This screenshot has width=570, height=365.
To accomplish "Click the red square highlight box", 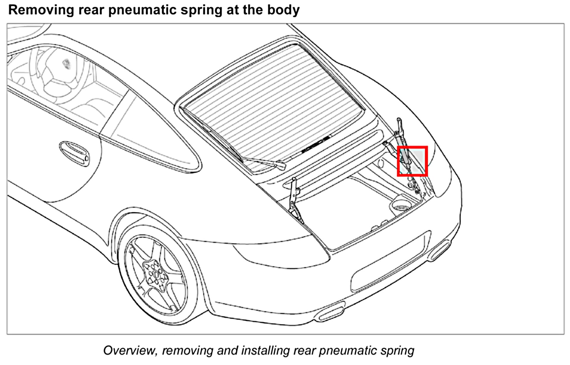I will coord(412,161).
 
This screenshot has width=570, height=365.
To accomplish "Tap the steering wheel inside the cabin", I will coord(60,74).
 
